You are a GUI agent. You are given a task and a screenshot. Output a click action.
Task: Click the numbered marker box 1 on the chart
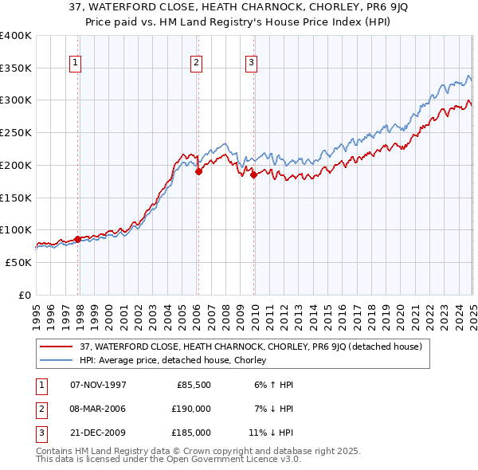pos(75,62)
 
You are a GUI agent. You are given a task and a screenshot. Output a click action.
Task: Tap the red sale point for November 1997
pos(77,239)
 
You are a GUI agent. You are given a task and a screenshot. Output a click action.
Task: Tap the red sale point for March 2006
pos(198,171)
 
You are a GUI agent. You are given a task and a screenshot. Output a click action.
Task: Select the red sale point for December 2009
pos(253,174)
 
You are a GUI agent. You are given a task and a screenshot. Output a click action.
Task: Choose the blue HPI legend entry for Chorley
pos(172,361)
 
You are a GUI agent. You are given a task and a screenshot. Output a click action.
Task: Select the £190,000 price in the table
pos(191,409)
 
